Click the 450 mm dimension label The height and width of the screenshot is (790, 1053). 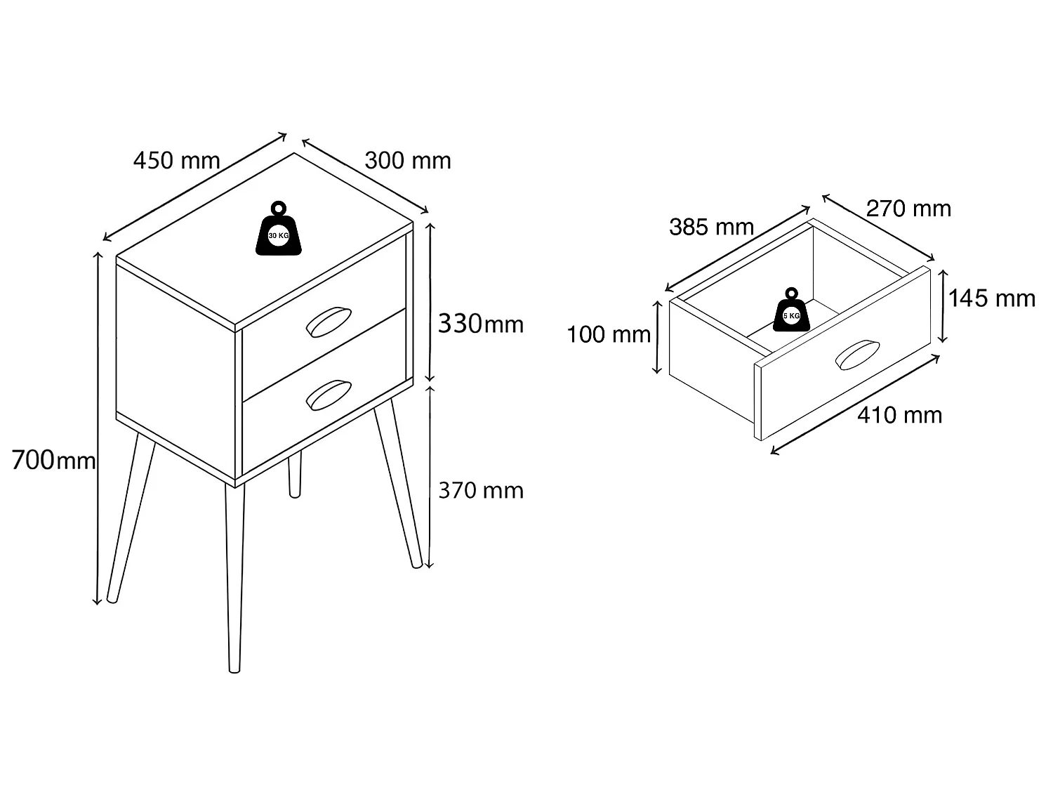click(176, 160)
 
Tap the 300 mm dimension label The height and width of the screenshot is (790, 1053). click(408, 160)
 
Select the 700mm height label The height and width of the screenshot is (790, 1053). click(53, 460)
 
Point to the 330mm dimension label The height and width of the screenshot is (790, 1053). click(480, 323)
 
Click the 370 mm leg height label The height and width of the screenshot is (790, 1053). click(481, 490)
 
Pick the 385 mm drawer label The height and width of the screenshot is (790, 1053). click(711, 227)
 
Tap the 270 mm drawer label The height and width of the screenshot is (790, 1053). click(908, 208)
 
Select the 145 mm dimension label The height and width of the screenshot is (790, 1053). click(992, 298)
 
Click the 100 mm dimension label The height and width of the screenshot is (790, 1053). click(609, 334)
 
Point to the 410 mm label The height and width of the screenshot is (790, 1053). click(899, 415)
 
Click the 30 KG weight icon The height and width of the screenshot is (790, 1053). click(279, 228)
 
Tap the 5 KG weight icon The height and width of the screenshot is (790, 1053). click(792, 310)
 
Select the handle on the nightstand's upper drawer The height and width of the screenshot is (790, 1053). click(329, 322)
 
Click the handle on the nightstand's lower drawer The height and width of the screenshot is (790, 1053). click(329, 395)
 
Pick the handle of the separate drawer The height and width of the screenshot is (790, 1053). click(857, 355)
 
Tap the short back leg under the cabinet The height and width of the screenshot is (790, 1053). click(295, 475)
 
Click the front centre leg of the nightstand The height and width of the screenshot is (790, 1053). click(234, 578)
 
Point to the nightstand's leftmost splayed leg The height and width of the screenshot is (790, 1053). click(131, 518)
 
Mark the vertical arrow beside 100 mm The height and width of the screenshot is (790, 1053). click(657, 337)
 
